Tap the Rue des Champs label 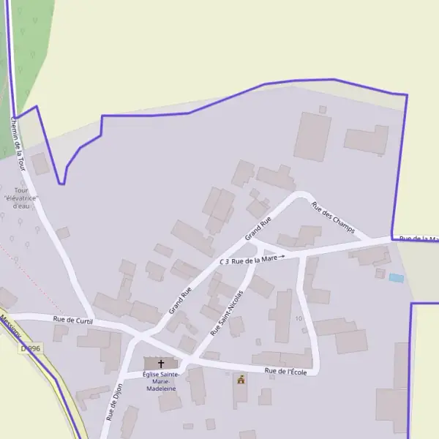pos(333,218)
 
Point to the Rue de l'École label pos(291,372)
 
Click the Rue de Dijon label pos(114,402)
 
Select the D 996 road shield pos(30,348)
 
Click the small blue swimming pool pos(396,278)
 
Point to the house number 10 pos(299,319)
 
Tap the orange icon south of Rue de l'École pos(240,380)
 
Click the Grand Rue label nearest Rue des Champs pos(258,228)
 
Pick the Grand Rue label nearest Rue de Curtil pos(180,301)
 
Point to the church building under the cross pos(161,364)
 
